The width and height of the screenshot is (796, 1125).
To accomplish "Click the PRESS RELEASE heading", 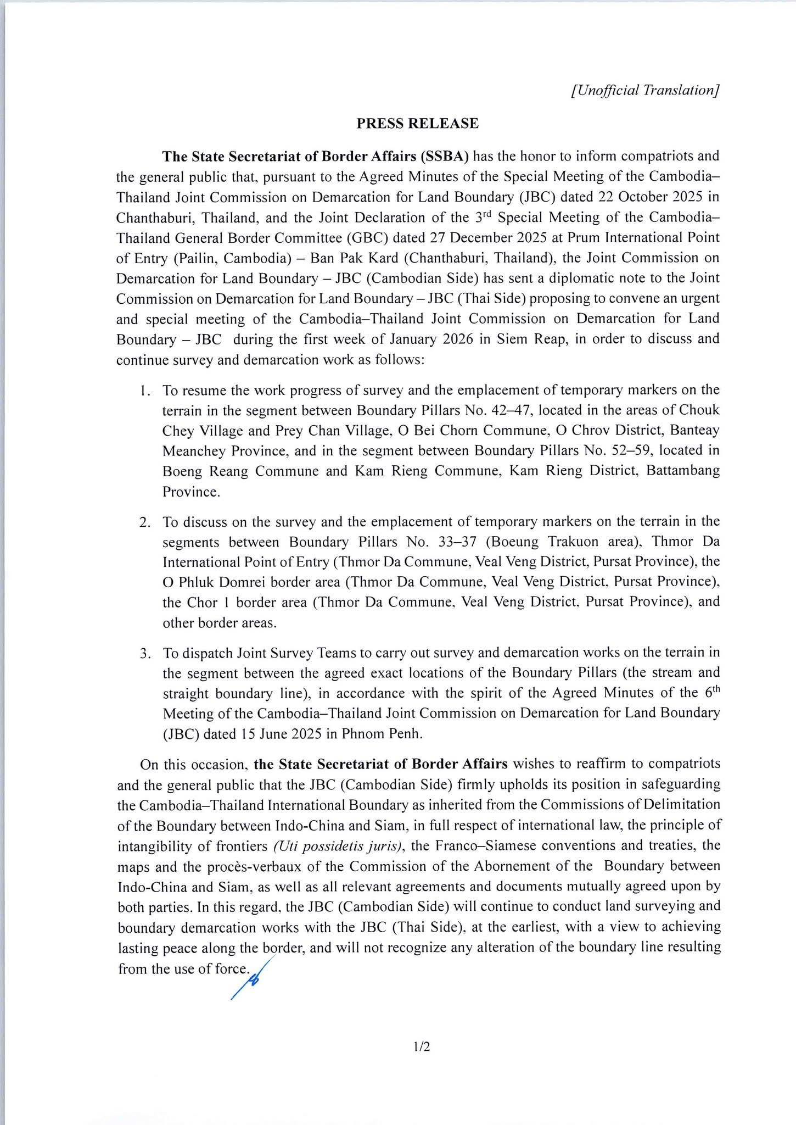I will pyautogui.click(x=417, y=124).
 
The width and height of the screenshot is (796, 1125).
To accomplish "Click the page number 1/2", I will pyautogui.click(x=422, y=1047).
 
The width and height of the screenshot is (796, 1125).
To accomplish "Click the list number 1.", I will pyautogui.click(x=143, y=391).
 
